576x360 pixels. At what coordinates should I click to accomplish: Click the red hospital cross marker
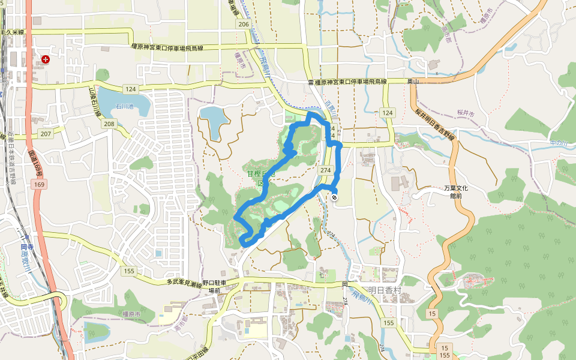tap(46, 59)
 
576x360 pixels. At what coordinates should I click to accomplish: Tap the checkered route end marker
tap(334, 197)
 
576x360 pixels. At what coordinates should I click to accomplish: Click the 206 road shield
tap(243, 24)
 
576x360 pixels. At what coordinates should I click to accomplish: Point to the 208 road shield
tap(109, 124)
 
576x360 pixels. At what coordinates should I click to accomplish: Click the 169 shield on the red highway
tap(39, 184)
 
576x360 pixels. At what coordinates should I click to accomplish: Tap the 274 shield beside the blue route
tap(325, 170)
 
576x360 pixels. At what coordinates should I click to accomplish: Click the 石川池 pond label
tap(124, 107)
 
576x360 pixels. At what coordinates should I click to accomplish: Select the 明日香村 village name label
tap(384, 290)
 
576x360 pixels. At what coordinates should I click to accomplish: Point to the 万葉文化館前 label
tap(456, 192)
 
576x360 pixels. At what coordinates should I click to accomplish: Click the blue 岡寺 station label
tap(26, 247)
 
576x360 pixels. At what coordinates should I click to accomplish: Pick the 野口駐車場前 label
tap(214, 286)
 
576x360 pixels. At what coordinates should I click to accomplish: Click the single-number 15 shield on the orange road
tap(432, 314)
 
